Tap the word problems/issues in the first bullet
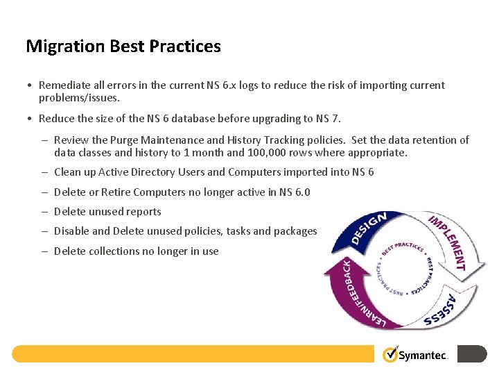[79, 98]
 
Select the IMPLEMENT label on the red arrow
[447, 242]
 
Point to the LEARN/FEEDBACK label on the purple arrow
[353, 292]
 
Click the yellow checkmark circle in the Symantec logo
[390, 354]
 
